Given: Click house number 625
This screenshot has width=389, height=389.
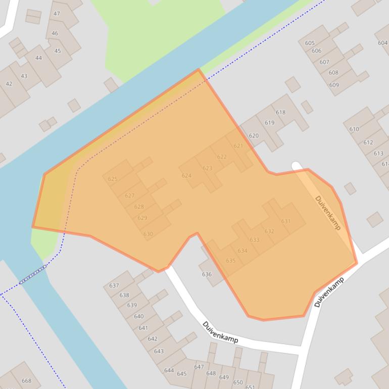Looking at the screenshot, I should coord(113,179).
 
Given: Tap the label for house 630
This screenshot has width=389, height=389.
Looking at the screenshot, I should coord(148,234).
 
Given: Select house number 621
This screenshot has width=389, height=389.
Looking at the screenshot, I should coord(238,146).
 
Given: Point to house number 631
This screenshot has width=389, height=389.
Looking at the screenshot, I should coord(286,221).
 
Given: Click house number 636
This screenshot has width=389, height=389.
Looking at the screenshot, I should coord(207,274).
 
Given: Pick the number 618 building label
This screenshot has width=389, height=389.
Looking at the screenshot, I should coord(280,113).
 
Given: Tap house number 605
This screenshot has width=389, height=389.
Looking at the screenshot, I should coord(310,43).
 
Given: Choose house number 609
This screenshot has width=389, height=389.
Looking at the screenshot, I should coord(334,85).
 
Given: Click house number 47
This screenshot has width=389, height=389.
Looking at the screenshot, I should coord(57,14).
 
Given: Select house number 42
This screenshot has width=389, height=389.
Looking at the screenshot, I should coord(9,84).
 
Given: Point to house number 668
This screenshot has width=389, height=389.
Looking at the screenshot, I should coord(26,381).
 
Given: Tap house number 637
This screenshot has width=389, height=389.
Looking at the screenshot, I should coord(114,286).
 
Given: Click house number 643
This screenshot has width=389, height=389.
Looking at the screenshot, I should coord(159,351).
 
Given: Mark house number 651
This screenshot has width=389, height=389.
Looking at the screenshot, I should coord(250,386).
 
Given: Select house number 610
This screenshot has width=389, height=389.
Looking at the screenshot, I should coord(354,129).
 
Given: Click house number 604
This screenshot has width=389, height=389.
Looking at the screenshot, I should coord(382,43).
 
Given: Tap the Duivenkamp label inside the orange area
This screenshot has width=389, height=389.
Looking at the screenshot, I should coord(327,213).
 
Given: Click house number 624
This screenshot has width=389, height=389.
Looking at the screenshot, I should coord(186,176).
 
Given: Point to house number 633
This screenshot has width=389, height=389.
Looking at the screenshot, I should coord(255,240).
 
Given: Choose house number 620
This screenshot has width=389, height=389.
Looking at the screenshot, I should coord(254,135).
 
